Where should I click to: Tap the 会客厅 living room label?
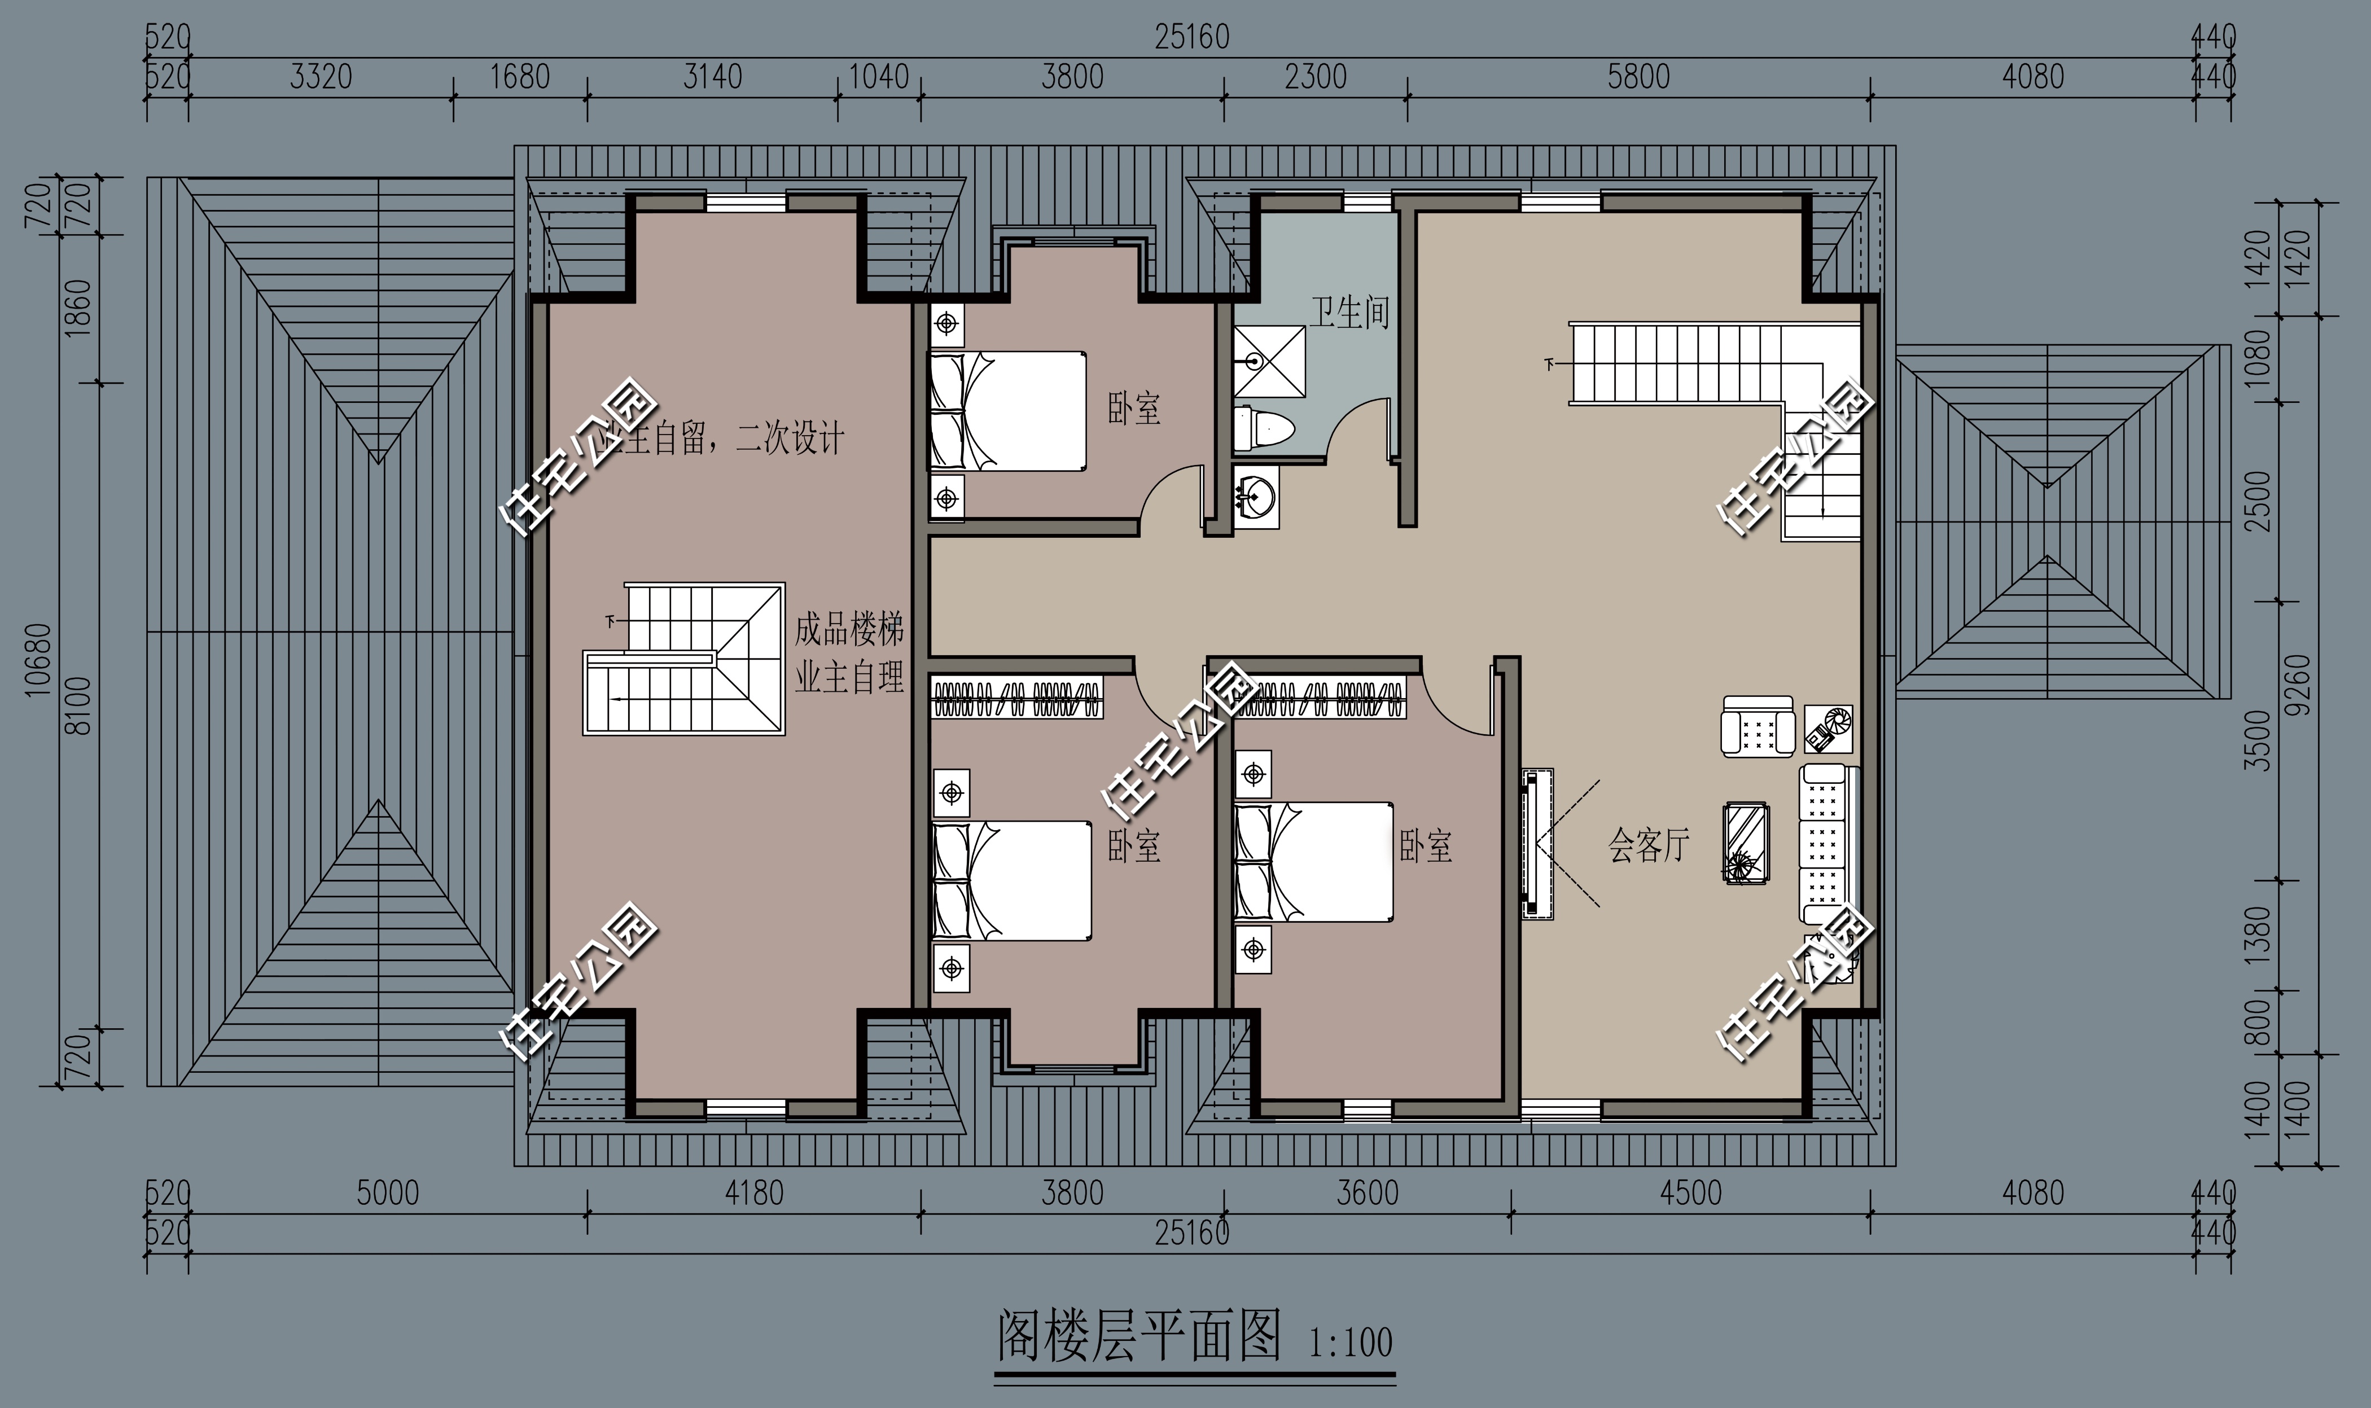[1649, 844]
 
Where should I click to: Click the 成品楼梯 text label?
[849, 629]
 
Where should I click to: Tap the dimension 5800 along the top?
[1638, 77]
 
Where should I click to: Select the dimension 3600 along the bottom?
[1367, 1192]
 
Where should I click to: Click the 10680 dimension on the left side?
[38, 659]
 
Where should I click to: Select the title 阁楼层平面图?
[1138, 1336]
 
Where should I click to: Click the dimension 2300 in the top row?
[1315, 77]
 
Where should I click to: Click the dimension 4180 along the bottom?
[753, 1192]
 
